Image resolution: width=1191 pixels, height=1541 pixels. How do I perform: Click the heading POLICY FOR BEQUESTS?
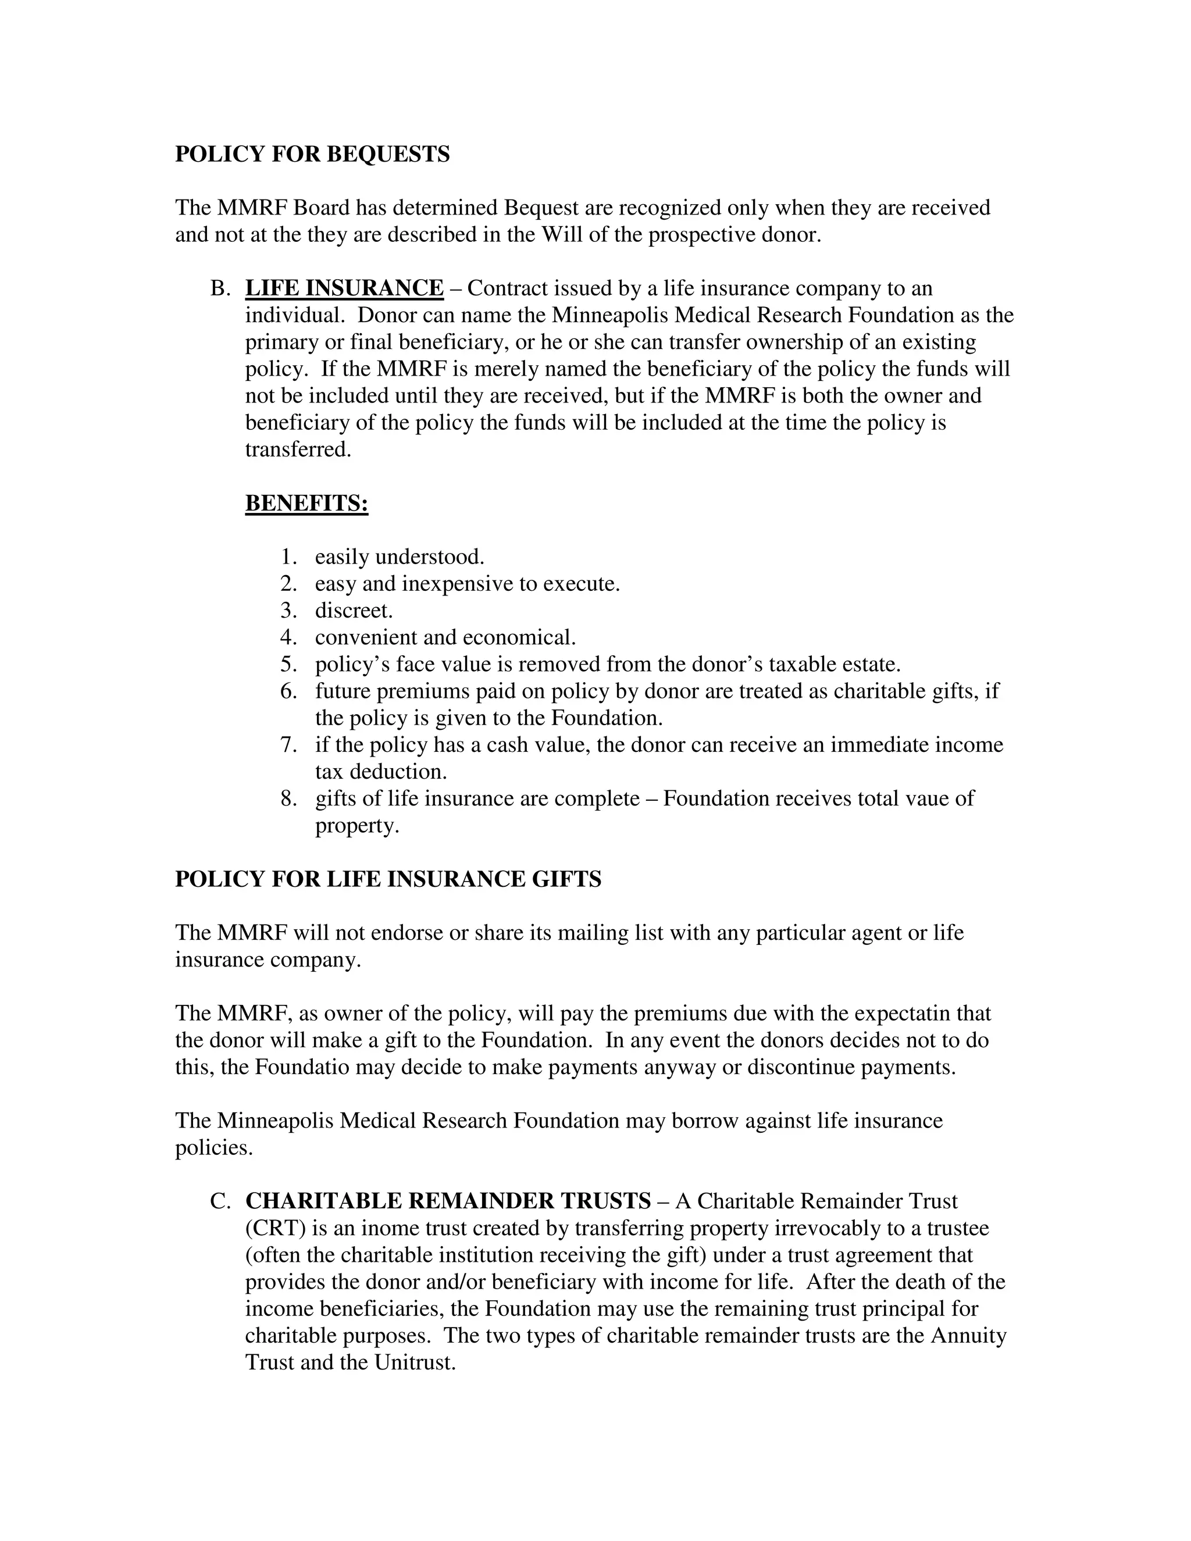(312, 154)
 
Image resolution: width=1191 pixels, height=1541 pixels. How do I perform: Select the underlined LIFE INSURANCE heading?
(344, 288)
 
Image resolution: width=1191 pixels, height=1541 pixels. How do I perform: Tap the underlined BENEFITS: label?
(306, 503)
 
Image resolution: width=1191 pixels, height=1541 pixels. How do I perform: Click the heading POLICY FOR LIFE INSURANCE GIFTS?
(388, 879)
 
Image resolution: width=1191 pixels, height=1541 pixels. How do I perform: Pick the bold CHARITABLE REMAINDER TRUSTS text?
(448, 1201)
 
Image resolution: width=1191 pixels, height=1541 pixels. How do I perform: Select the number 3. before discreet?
(288, 611)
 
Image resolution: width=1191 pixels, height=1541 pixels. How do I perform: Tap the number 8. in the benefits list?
(288, 799)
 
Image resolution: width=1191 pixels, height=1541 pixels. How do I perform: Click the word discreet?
(354, 611)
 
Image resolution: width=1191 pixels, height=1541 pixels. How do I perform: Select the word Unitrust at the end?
(415, 1362)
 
